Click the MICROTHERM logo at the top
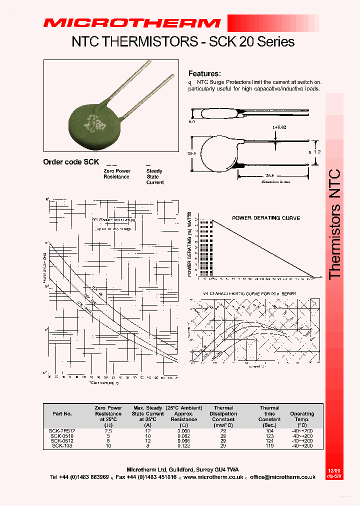[131, 23]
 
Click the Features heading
[204, 73]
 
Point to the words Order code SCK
[71, 162]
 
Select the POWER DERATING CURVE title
[266, 218]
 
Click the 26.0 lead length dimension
[270, 176]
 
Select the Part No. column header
[62, 414]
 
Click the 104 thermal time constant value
[269, 430]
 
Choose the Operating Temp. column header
[302, 416]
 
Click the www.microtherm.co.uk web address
[213, 477]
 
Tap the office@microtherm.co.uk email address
[283, 477]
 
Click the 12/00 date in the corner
[333, 471]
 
